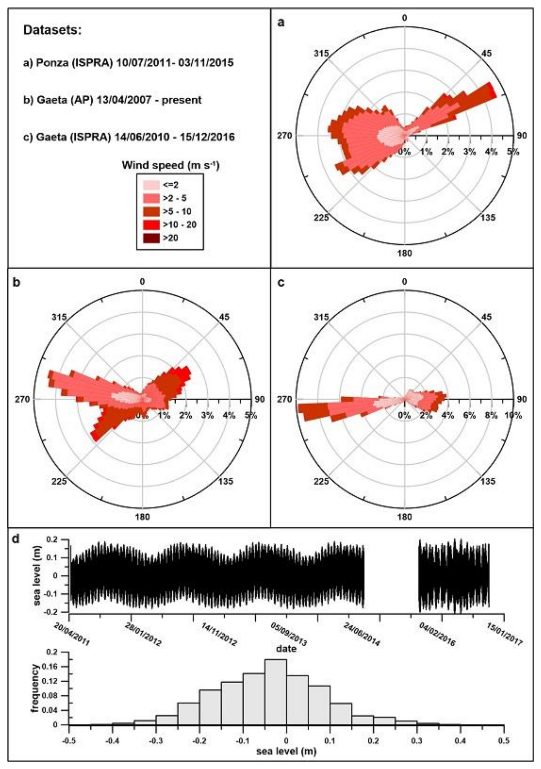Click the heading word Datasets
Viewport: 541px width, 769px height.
click(52, 31)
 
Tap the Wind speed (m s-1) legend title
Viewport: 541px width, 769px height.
click(170, 166)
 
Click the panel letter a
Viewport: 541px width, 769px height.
click(282, 23)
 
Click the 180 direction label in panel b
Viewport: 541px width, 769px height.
click(143, 517)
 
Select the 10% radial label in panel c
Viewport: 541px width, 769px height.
click(513, 416)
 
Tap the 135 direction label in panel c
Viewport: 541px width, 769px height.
click(487, 482)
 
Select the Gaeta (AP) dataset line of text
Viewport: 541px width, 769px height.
click(112, 100)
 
